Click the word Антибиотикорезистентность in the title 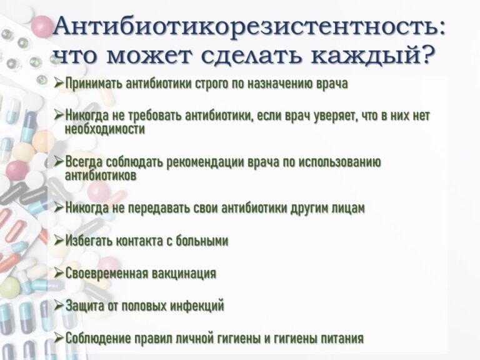[246, 29]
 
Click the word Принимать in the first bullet [94, 83]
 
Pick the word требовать [155, 116]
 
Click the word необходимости [105, 129]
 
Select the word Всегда [84, 162]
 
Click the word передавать [157, 208]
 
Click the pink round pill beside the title [42, 27]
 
